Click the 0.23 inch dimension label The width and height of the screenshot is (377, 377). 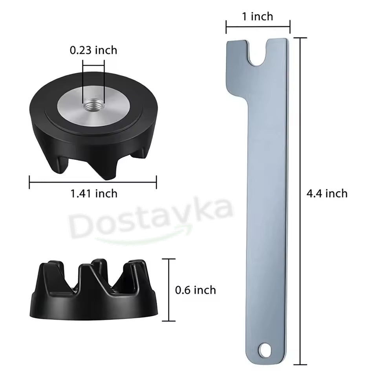(93, 50)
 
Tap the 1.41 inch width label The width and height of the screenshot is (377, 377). (93, 193)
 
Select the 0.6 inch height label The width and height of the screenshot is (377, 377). (195, 290)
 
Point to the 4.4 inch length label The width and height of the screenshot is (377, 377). (328, 193)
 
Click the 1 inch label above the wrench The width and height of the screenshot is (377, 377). (258, 16)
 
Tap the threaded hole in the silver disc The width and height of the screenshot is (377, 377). (93, 106)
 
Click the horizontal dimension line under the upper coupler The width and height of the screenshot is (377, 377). (93, 181)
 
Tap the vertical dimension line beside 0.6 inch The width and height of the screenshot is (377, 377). (169, 290)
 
